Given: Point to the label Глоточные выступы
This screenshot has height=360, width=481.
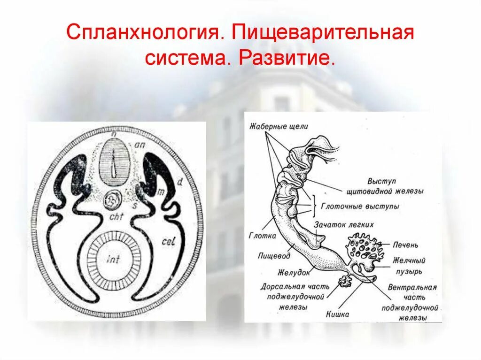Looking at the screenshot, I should (360, 207).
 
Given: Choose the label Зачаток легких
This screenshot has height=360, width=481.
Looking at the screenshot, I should (344, 224).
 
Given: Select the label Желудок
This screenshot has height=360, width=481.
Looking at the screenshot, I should (294, 272).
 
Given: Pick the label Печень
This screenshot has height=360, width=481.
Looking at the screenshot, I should (406, 245).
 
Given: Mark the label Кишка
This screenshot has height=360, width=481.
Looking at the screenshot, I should (337, 314).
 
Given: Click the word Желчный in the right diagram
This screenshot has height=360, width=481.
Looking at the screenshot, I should (409, 260).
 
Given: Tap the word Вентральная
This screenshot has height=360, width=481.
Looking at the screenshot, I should (412, 287).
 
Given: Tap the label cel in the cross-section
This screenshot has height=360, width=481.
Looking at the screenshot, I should (168, 241).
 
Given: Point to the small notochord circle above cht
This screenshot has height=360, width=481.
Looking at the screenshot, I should (113, 200).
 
